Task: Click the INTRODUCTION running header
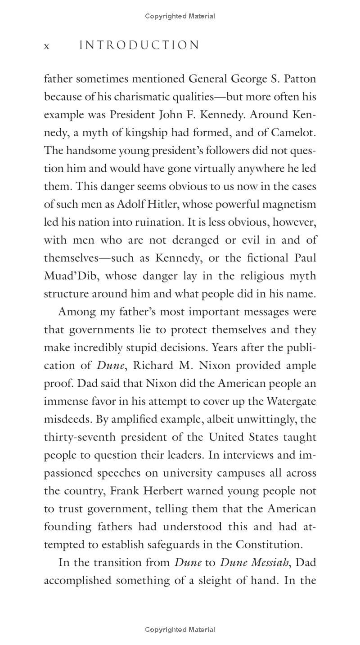[139, 45]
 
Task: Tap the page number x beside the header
[46, 46]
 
